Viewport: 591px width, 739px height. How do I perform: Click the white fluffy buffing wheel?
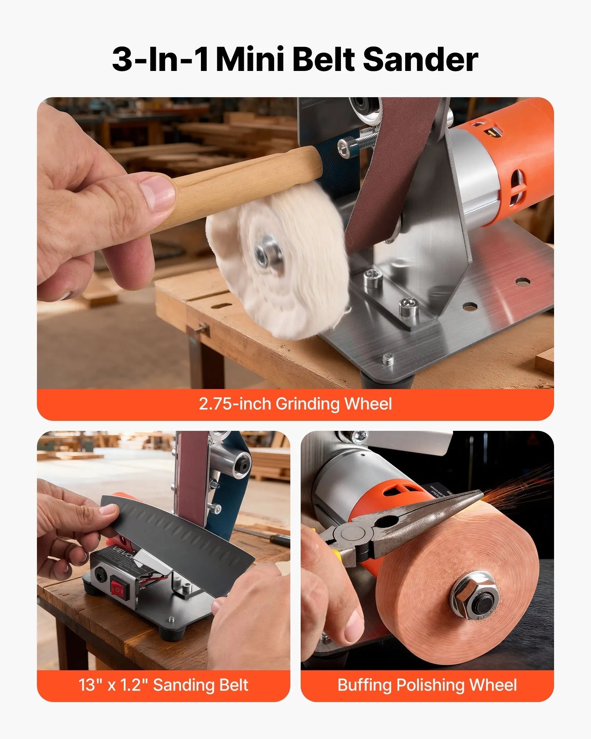tap(281, 259)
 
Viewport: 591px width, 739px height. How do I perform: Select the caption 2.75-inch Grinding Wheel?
tap(295, 403)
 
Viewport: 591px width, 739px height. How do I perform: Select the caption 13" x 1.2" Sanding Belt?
tap(163, 685)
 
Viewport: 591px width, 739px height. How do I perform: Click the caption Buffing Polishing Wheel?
tap(427, 685)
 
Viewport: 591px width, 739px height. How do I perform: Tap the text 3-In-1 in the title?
tap(161, 60)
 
